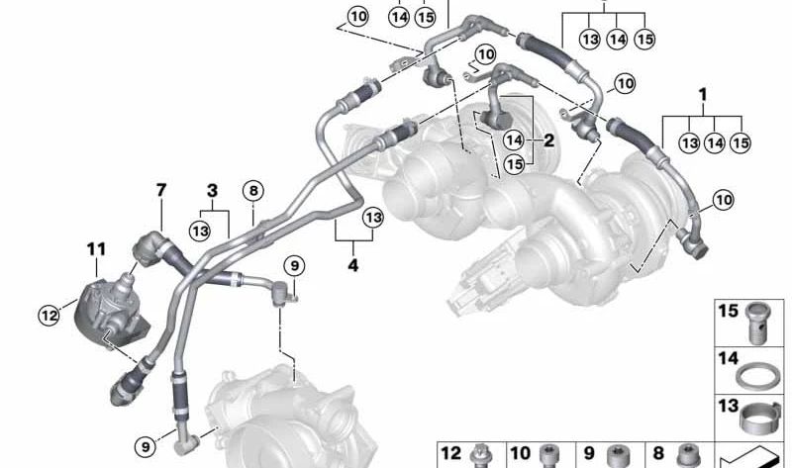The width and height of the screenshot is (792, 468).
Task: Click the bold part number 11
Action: click(x=96, y=249)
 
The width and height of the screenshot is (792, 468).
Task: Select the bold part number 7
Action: click(x=161, y=190)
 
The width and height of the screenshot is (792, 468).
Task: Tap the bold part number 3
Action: click(x=213, y=191)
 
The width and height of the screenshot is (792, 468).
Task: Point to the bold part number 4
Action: click(x=353, y=265)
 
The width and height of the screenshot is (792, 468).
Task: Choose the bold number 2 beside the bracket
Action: click(x=548, y=140)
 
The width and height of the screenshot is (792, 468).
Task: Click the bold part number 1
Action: click(x=703, y=94)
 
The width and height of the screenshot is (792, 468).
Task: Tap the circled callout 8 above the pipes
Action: click(x=253, y=191)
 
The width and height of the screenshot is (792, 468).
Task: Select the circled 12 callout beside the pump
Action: click(x=49, y=316)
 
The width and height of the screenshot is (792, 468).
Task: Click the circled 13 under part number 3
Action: click(x=200, y=232)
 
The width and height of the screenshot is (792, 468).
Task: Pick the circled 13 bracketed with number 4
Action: click(x=373, y=218)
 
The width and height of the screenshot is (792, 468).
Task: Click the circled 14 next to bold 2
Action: click(x=514, y=140)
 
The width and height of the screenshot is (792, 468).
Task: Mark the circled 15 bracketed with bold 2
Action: click(x=514, y=164)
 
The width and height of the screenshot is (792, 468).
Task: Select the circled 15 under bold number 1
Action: click(x=741, y=142)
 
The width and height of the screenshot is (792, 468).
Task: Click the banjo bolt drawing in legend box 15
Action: click(x=757, y=323)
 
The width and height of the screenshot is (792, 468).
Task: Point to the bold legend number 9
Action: click(x=589, y=453)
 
